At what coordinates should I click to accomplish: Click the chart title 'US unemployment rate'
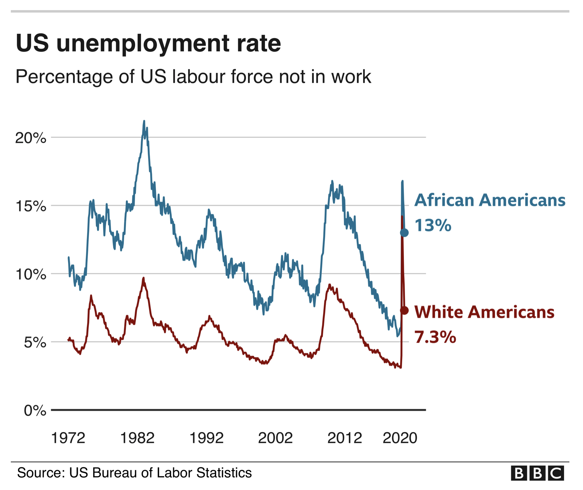148,43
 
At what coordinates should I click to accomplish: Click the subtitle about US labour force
193,77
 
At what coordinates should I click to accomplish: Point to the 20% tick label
31,138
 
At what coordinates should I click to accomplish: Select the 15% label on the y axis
31,206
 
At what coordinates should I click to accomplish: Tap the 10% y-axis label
31,275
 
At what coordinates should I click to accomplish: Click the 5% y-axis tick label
35,343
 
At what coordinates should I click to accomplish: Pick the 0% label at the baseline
35,411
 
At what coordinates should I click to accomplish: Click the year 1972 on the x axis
68,438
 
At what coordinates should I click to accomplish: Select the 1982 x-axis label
137,438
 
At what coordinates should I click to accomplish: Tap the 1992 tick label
206,438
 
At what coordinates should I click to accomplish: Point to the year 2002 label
275,438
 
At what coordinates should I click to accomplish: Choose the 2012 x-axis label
345,438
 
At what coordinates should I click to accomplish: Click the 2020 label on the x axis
400,438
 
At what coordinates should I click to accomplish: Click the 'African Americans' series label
490,200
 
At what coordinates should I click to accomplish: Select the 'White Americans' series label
484,312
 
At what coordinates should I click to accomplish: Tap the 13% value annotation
433,225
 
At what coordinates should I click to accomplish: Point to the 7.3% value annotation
435,337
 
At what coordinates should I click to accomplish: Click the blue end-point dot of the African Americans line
404,233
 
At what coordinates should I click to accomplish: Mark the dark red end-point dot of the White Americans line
404,310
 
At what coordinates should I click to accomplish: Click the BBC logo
537,473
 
